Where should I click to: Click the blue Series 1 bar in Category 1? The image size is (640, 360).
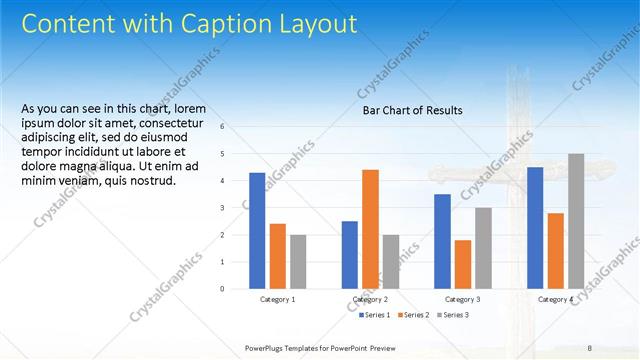257,231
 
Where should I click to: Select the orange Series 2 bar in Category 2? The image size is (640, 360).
370,229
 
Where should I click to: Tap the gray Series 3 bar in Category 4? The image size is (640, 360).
576,221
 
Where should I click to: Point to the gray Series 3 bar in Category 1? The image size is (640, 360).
298,262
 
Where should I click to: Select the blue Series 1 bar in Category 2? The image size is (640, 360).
349,255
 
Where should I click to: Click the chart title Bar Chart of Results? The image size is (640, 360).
412,111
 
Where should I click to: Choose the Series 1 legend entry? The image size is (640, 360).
374,315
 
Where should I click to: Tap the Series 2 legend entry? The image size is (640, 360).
412,315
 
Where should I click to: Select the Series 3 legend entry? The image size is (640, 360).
451,315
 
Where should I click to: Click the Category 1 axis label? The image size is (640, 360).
277,299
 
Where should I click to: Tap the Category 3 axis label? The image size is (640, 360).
462,299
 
